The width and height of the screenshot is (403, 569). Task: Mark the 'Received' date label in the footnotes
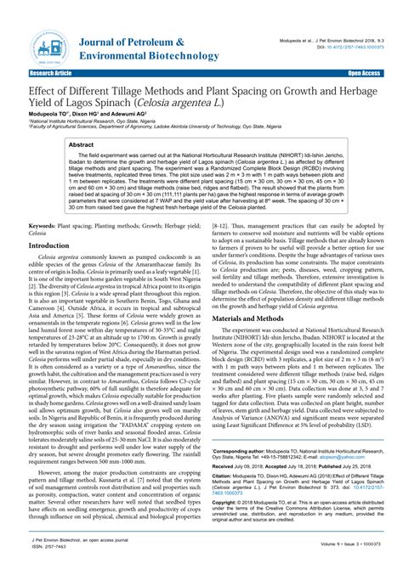[x=224, y=466]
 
